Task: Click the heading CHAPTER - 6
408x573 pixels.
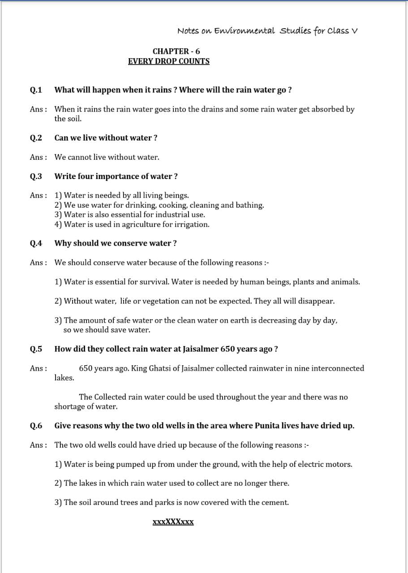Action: pos(176,51)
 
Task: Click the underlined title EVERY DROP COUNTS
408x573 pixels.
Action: pos(168,61)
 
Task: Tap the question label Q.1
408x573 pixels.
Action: pos(36,90)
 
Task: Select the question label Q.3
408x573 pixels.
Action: pos(36,176)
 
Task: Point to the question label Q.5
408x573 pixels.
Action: pos(36,349)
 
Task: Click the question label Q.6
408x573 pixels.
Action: pos(36,426)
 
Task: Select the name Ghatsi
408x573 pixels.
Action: pos(159,368)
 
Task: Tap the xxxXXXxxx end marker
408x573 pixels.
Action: pos(173,522)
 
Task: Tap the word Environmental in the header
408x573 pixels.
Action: pos(245,31)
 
